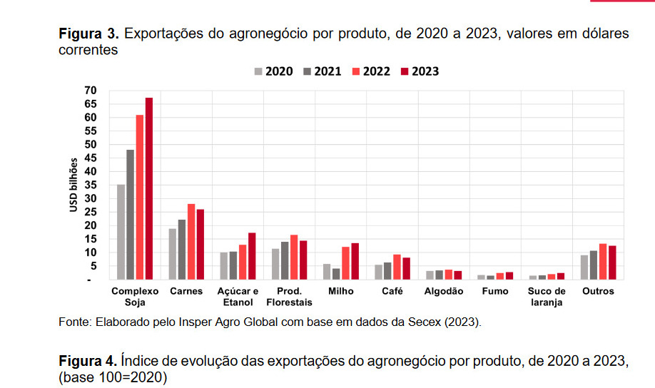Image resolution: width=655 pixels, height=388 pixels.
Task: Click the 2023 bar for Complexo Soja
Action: point(148,189)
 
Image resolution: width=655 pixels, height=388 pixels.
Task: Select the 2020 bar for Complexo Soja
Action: point(121,232)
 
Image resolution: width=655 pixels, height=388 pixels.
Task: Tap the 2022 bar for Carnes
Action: point(191,242)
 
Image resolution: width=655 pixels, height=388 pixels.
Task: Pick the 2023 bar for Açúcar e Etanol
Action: point(252,256)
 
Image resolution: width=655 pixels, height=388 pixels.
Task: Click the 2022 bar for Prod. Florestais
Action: point(294,257)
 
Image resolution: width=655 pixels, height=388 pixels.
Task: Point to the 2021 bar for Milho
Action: point(336,274)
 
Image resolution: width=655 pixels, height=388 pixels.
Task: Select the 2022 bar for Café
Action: point(397,267)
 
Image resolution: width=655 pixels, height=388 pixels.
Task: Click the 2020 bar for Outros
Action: point(584,267)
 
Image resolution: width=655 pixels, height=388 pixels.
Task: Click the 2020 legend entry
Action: point(273,71)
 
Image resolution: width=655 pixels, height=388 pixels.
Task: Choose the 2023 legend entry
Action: point(419,71)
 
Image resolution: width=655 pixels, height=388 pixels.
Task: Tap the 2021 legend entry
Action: point(322,71)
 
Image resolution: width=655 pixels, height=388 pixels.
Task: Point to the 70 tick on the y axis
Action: point(89,91)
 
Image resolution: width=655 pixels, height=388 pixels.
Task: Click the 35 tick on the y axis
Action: point(89,185)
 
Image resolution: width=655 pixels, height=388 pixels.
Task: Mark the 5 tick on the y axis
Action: point(92,266)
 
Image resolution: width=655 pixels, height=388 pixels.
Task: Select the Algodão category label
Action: point(443,291)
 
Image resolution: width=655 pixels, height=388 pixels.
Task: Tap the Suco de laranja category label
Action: point(547,296)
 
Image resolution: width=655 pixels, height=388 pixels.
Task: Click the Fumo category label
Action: point(494,291)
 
